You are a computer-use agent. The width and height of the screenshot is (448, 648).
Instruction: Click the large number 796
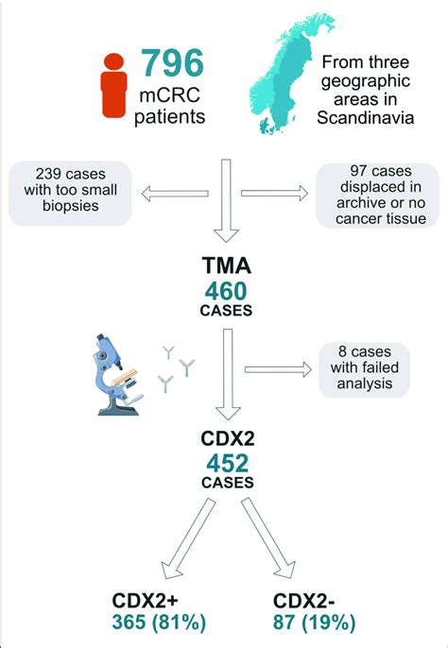click(x=173, y=63)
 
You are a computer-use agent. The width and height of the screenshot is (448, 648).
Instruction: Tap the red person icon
click(x=113, y=85)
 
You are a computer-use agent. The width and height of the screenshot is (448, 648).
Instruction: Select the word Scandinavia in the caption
click(x=365, y=118)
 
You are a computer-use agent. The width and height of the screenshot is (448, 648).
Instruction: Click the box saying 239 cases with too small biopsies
click(x=70, y=194)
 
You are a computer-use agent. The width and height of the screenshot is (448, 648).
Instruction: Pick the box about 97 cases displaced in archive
click(x=377, y=195)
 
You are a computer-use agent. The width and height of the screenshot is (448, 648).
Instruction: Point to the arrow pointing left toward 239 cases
click(x=175, y=194)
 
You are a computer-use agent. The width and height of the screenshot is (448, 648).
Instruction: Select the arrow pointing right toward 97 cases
click(x=274, y=193)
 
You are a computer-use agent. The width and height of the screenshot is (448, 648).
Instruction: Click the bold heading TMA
click(x=226, y=265)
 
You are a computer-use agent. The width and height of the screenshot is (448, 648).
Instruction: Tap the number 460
click(x=226, y=291)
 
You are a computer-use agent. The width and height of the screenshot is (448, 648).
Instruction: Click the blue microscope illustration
click(x=118, y=374)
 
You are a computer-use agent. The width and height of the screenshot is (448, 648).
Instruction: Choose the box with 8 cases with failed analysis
click(x=364, y=370)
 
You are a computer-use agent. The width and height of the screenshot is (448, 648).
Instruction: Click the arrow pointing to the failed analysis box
click(x=278, y=369)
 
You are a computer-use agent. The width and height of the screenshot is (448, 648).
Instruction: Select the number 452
click(x=227, y=464)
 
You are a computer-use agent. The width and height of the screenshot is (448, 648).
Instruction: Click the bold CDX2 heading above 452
click(x=228, y=439)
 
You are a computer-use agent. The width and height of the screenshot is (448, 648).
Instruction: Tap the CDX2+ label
click(x=146, y=601)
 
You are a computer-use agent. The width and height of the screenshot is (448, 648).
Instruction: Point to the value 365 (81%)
click(x=159, y=622)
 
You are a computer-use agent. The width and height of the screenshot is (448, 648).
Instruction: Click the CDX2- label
click(x=304, y=601)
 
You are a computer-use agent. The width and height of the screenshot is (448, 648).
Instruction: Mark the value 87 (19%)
click(x=314, y=622)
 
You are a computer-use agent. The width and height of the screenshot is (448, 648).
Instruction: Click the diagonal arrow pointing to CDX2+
click(x=188, y=538)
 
